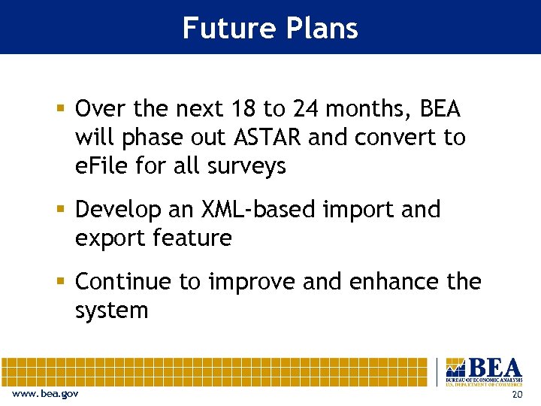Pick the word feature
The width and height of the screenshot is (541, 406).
(193, 238)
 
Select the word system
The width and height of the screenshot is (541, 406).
(111, 311)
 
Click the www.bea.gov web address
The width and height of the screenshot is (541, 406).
(44, 394)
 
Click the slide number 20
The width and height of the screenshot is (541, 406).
(515, 395)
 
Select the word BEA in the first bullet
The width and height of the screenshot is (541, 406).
(440, 110)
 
